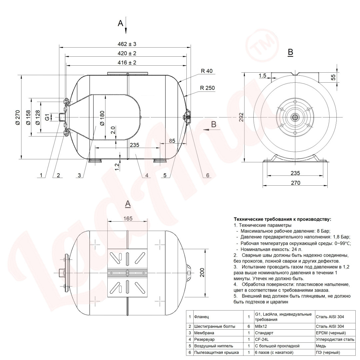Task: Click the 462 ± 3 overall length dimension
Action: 127,44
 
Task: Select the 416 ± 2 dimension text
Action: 127,62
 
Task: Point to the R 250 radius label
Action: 207,88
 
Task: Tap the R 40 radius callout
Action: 207,71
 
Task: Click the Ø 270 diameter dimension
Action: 18,117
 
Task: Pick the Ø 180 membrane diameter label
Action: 102,118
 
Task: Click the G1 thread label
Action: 47,117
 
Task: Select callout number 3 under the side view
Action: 79,175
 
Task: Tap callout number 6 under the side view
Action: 208,175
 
